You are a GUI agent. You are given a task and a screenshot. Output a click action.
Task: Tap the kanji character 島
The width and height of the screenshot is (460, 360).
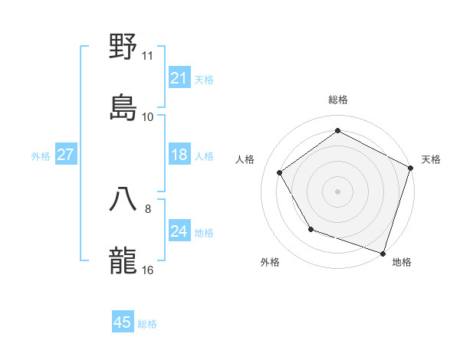click(x=124, y=107)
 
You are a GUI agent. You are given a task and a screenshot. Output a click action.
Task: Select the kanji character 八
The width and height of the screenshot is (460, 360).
click(x=124, y=198)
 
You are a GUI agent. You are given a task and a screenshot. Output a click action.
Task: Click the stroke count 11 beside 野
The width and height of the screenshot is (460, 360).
click(x=148, y=56)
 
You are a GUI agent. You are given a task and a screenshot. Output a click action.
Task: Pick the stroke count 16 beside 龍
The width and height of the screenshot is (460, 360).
click(x=148, y=270)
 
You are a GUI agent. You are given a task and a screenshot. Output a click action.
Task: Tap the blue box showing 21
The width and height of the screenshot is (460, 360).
click(x=179, y=78)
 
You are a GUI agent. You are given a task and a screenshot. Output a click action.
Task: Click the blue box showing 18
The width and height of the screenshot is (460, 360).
click(x=179, y=155)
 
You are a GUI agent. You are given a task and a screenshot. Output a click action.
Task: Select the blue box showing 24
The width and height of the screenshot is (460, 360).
click(x=179, y=232)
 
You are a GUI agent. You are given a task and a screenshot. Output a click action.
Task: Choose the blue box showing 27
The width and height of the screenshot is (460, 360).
click(x=66, y=155)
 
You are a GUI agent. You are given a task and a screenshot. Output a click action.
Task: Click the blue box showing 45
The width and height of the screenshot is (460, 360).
click(x=123, y=323)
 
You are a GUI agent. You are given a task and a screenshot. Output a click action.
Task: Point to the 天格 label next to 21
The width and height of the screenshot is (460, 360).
click(x=204, y=79)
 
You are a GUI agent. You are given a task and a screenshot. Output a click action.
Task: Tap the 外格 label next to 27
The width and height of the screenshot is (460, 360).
click(x=41, y=156)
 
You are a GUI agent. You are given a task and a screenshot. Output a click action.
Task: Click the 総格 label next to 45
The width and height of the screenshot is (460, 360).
click(x=147, y=324)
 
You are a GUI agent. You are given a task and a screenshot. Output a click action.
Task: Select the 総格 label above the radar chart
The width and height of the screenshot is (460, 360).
click(x=337, y=100)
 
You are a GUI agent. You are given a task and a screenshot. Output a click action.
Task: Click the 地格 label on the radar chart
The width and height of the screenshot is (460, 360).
click(x=402, y=262)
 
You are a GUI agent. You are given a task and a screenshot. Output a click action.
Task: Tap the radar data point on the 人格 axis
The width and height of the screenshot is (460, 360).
click(x=279, y=172)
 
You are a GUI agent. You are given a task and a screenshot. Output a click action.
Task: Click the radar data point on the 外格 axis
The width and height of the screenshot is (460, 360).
click(x=310, y=228)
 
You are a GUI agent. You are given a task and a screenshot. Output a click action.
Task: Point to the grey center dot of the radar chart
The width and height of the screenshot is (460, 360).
click(x=337, y=191)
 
